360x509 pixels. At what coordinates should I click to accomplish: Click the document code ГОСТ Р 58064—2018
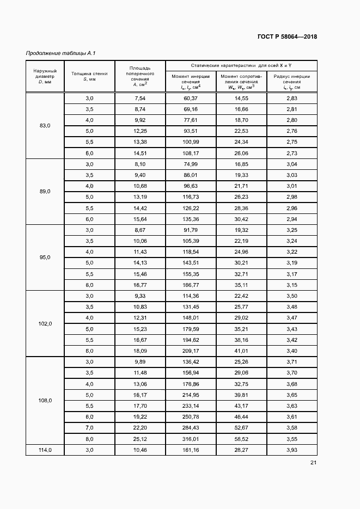[287, 37]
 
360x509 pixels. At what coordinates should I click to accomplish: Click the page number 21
[313, 463]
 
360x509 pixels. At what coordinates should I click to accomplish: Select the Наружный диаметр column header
[45, 76]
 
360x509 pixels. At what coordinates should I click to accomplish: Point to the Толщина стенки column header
[89, 76]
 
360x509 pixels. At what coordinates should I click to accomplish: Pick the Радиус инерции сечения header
[291, 82]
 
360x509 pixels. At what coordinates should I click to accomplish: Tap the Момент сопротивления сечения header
[241, 82]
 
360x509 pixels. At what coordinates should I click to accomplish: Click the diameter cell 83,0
[45, 126]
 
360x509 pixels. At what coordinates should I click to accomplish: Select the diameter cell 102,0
[45, 323]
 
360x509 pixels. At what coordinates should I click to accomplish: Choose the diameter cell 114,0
[45, 450]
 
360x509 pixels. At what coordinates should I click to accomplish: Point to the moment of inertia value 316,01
[191, 439]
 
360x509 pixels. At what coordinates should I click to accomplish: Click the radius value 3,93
[291, 450]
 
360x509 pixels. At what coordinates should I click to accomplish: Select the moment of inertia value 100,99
[191, 142]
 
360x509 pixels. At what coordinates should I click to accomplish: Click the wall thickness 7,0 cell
[89, 428]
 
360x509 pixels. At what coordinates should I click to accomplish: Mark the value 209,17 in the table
[191, 351]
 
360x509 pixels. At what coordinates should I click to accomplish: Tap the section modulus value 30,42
[241, 219]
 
